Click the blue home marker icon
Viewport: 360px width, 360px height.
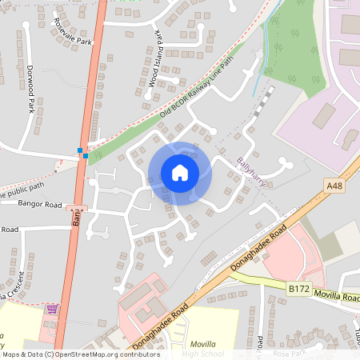(x=180, y=173)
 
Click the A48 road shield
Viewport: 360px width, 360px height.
(x=335, y=185)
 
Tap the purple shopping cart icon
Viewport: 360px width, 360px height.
(x=52, y=308)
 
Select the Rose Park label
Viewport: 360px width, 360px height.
(x=289, y=353)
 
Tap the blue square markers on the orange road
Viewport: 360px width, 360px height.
(x=82, y=153)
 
